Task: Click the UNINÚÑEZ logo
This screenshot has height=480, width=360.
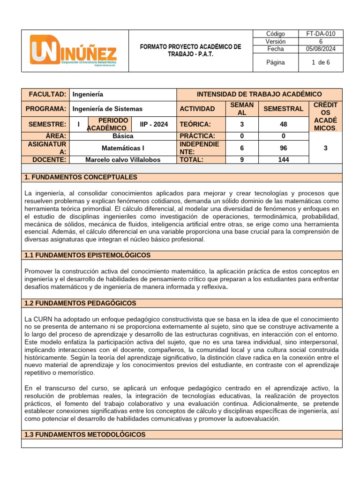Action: click(x=74, y=51)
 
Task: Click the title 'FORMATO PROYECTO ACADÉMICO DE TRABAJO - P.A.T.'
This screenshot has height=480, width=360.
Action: click(x=191, y=51)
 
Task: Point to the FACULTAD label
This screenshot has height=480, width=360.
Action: click(x=45, y=94)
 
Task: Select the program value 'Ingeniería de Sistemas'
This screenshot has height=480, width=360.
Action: click(x=107, y=109)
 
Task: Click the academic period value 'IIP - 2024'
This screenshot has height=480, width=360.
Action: click(x=153, y=124)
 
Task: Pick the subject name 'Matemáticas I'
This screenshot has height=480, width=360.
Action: click(x=123, y=148)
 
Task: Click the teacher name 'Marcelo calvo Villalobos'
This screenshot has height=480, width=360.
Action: click(x=123, y=159)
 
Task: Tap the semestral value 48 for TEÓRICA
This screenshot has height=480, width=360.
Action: click(x=284, y=124)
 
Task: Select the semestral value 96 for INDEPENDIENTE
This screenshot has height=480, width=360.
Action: click(x=284, y=148)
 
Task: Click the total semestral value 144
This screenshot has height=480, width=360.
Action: click(x=284, y=159)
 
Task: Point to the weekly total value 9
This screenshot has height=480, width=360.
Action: click(x=242, y=159)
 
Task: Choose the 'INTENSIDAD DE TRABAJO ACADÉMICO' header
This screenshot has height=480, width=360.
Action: click(x=259, y=94)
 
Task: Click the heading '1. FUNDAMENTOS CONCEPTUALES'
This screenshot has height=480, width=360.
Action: click(x=81, y=177)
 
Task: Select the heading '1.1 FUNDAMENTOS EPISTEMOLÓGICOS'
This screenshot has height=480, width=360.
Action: click(x=88, y=255)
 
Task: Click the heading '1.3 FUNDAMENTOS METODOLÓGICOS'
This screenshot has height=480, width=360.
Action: click(x=85, y=435)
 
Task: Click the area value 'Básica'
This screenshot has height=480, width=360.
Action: click(x=123, y=136)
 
